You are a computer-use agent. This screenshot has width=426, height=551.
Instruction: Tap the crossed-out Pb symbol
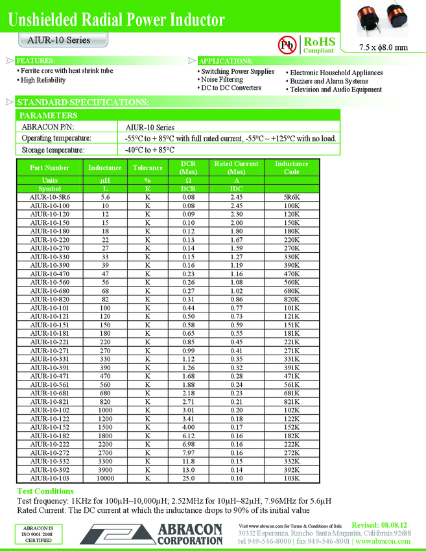(286, 44)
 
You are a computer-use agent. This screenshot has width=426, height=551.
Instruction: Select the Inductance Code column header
(291, 167)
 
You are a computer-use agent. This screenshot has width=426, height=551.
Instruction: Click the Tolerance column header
(147, 167)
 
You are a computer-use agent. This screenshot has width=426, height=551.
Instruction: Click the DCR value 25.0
(188, 478)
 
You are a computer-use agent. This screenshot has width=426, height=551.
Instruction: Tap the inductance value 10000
(104, 478)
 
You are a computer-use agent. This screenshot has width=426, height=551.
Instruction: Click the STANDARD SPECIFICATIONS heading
(82, 102)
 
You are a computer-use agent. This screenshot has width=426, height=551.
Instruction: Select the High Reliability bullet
(43, 80)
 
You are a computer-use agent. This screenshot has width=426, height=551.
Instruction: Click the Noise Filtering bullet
(222, 80)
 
